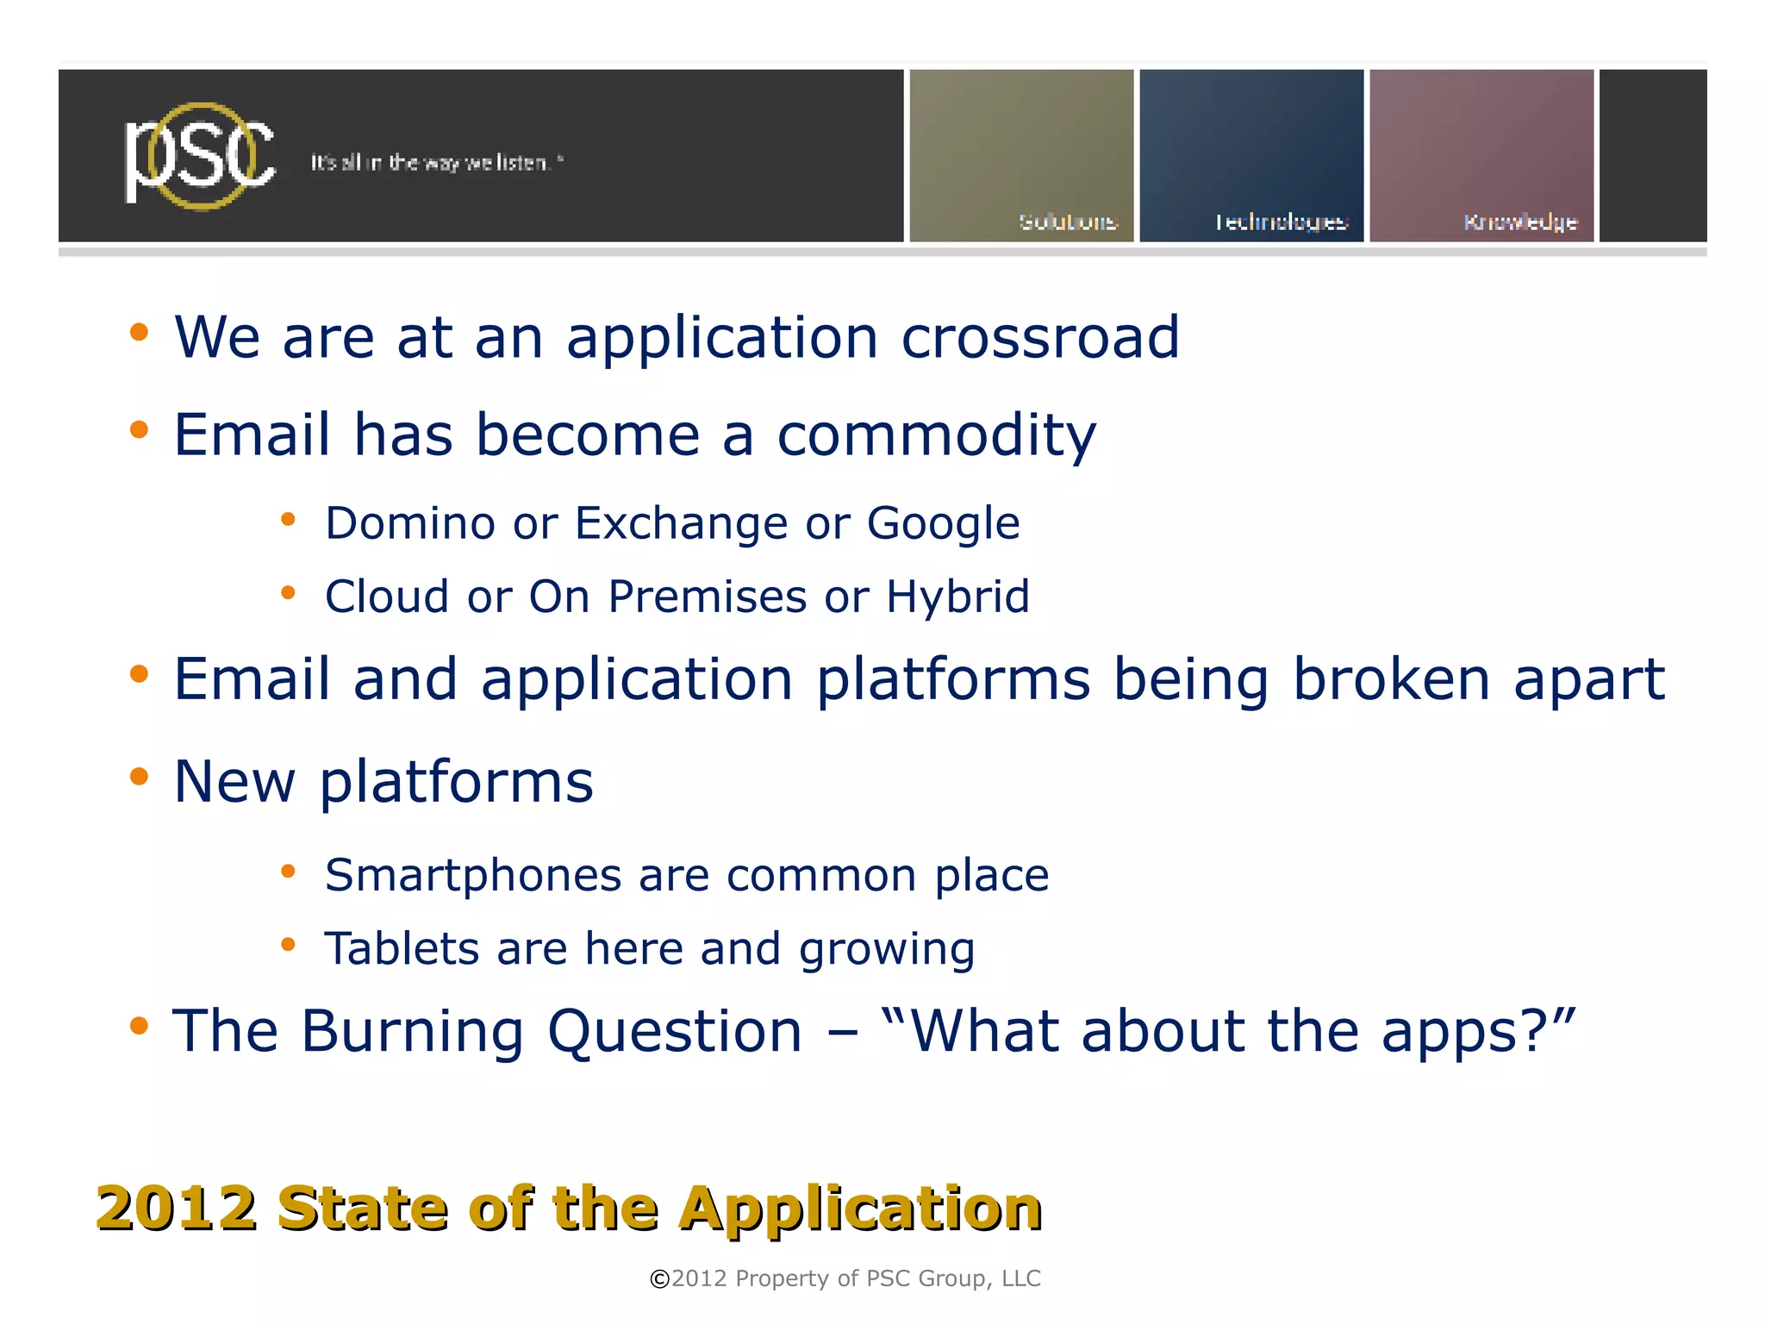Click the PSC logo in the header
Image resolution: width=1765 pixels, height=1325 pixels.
(x=200, y=157)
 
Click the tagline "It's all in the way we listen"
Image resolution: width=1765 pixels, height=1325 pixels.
(x=436, y=163)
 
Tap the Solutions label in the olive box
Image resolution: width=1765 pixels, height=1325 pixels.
(x=1068, y=222)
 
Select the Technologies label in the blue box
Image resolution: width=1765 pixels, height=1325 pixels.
(x=1281, y=222)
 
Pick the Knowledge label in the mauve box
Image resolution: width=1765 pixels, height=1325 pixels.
(x=1520, y=222)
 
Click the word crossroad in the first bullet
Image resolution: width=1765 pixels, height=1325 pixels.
(x=1039, y=337)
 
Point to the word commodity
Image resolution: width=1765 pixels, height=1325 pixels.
(x=936, y=435)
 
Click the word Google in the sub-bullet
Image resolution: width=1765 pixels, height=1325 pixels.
(x=943, y=524)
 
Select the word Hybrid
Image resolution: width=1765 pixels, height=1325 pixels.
(x=957, y=597)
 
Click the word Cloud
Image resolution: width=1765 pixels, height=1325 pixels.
(x=387, y=597)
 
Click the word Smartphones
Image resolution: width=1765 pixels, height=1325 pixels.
(x=473, y=876)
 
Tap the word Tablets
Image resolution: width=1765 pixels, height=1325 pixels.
(x=402, y=949)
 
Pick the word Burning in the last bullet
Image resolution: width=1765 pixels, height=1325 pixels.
(x=412, y=1032)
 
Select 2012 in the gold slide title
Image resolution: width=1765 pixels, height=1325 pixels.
(x=177, y=1209)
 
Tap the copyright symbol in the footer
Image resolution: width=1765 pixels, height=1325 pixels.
(x=659, y=1279)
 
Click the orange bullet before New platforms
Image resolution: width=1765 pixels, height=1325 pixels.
(x=139, y=777)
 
